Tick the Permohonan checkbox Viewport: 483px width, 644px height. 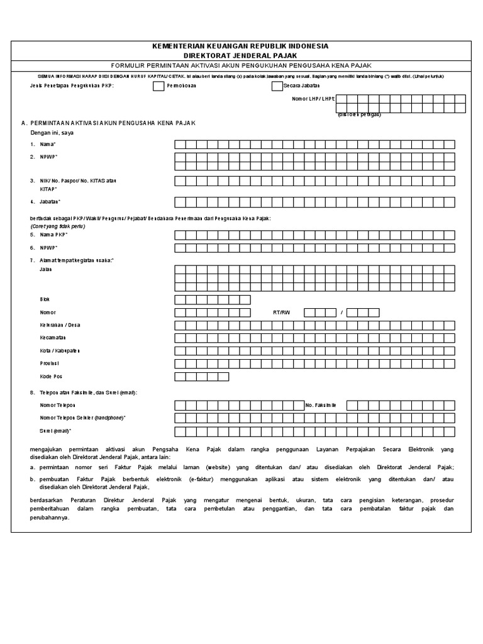(158, 87)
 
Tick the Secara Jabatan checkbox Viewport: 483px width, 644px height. (277, 87)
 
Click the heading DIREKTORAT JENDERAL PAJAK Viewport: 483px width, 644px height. (241, 55)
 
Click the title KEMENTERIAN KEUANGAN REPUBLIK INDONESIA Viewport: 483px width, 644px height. (241, 47)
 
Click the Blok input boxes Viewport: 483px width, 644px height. (212, 299)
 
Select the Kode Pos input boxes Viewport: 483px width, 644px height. (201, 377)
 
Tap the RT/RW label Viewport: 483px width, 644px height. (281, 313)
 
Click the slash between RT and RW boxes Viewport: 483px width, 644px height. (341, 313)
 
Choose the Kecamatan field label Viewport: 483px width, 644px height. (54, 338)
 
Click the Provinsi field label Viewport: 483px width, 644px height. (51, 364)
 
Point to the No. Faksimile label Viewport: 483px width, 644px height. (321, 406)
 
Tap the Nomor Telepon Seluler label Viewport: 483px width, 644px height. (82, 418)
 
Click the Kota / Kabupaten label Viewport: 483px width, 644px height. (60, 351)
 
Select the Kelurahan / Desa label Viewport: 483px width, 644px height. (60, 325)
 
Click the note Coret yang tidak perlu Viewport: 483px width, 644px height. (57, 226)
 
